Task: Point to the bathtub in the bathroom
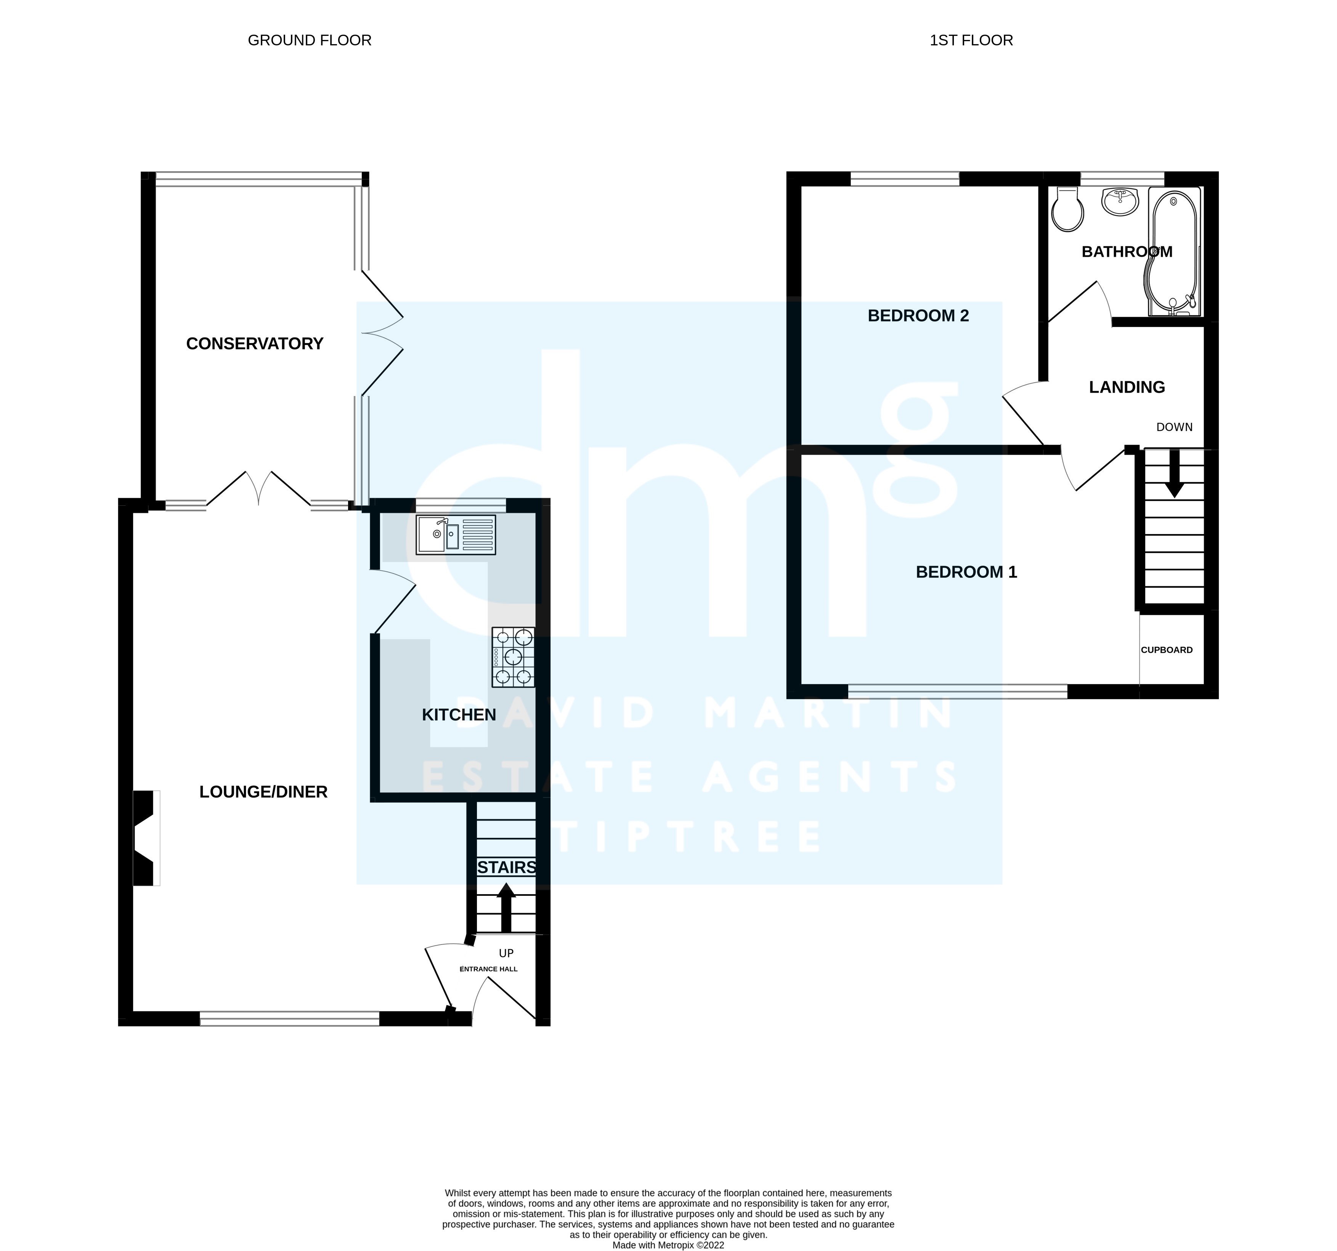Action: click(1173, 252)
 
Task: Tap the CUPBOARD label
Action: click(1167, 650)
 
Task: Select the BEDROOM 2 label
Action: click(918, 316)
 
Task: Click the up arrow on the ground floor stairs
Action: click(506, 907)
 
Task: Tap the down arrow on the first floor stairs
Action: click(1174, 473)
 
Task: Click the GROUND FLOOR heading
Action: click(309, 40)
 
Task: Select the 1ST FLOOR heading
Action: click(971, 40)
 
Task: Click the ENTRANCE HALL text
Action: click(488, 969)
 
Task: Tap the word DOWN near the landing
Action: click(1174, 427)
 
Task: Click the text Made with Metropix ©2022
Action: click(668, 1245)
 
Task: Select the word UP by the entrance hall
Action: click(506, 953)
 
